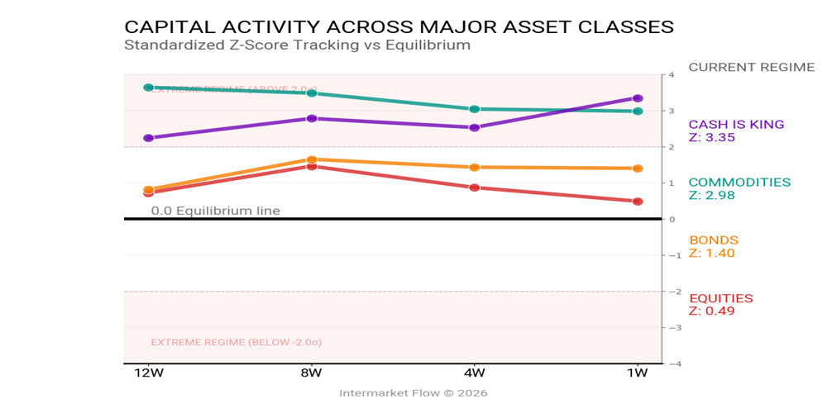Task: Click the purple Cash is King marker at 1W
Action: pos(638,98)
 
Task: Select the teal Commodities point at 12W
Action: pos(149,87)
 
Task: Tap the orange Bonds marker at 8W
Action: pos(312,159)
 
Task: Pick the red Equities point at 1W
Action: pos(638,202)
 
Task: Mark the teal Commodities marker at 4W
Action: pos(475,109)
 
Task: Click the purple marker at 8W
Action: pos(312,118)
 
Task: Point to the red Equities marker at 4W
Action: pos(475,188)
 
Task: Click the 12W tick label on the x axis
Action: pos(149,373)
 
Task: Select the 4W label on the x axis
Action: pos(475,373)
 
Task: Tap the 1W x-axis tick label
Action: pos(638,373)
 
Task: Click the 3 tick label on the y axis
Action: pos(672,111)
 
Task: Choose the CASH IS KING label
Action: pos(736,125)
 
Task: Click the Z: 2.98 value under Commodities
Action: pos(711,196)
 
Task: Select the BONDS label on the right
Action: pos(713,240)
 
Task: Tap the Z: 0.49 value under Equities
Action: pos(711,311)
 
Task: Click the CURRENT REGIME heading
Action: pos(751,67)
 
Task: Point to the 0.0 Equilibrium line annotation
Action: pos(215,211)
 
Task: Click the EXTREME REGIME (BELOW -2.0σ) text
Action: pos(236,342)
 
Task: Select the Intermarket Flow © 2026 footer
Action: pos(413,393)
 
